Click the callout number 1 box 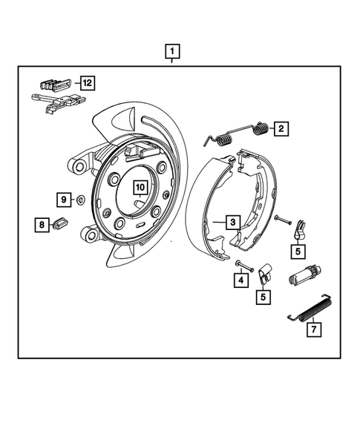click(172, 52)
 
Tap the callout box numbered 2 click(281, 128)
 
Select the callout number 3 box click(232, 222)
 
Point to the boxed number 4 click(240, 280)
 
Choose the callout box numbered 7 click(314, 327)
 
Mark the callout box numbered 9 click(64, 200)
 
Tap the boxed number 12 click(88, 83)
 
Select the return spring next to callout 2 click(238, 135)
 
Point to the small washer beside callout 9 click(79, 200)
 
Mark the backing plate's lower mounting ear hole click(91, 235)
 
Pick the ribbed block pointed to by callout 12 click(56, 82)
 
